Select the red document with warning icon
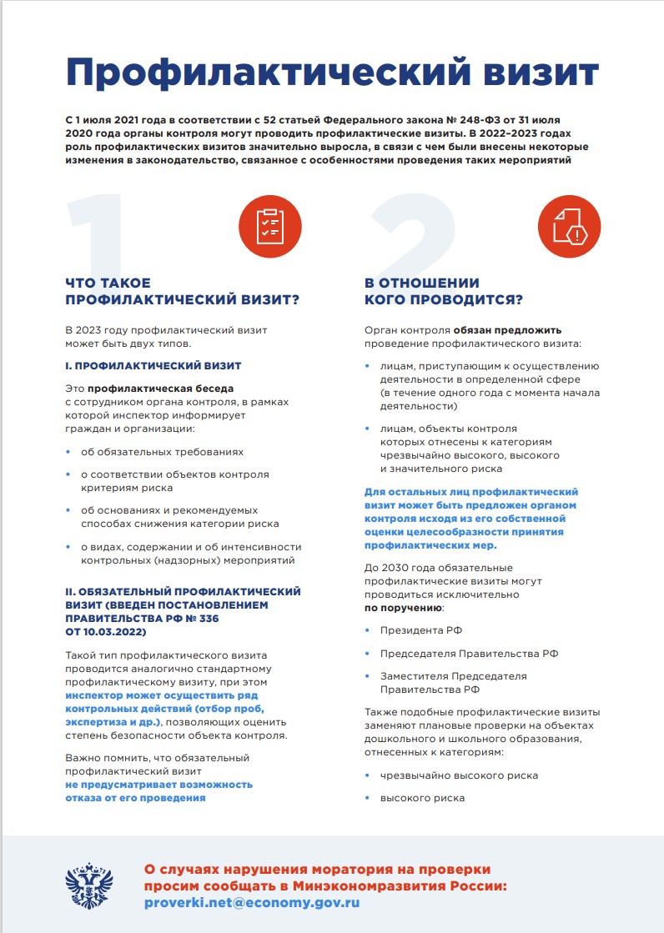pyautogui.click(x=569, y=223)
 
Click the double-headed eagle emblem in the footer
pyautogui.click(x=90, y=885)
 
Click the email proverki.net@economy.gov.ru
pyautogui.click(x=252, y=902)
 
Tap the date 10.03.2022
pyautogui.click(x=113, y=632)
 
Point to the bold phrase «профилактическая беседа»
pyautogui.click(x=161, y=388)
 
